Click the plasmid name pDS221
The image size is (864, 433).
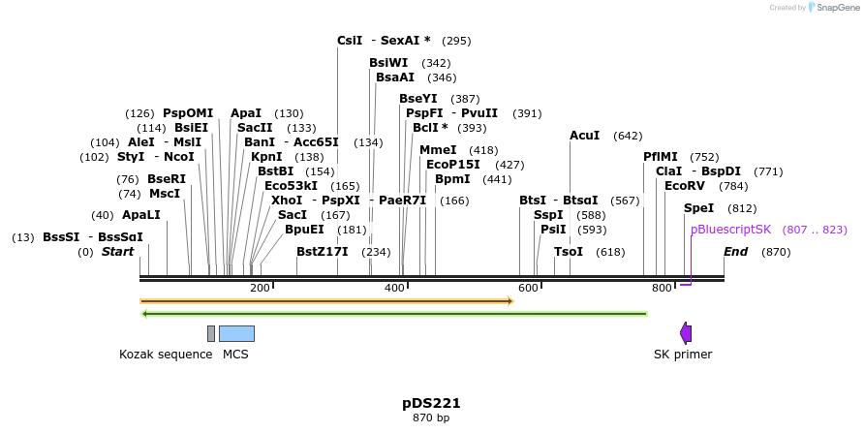click(431, 403)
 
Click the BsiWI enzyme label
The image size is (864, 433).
click(388, 63)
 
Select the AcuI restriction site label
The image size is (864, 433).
click(585, 136)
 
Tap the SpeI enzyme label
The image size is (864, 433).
click(698, 208)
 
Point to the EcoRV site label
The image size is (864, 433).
click(685, 186)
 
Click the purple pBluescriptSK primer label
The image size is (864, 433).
click(730, 230)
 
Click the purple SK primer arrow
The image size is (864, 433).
click(686, 333)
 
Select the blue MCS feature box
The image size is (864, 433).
click(236, 333)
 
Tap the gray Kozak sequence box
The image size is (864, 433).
click(211, 333)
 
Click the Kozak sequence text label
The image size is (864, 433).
click(166, 355)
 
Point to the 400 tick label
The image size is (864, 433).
click(394, 289)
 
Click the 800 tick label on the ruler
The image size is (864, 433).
click(663, 289)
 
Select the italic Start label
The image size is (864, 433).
click(117, 252)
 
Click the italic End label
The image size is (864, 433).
click(736, 252)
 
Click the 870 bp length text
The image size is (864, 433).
click(431, 418)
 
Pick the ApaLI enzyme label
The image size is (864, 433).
click(140, 215)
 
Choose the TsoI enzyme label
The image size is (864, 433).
click(569, 252)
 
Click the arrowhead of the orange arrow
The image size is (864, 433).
click(509, 301)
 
